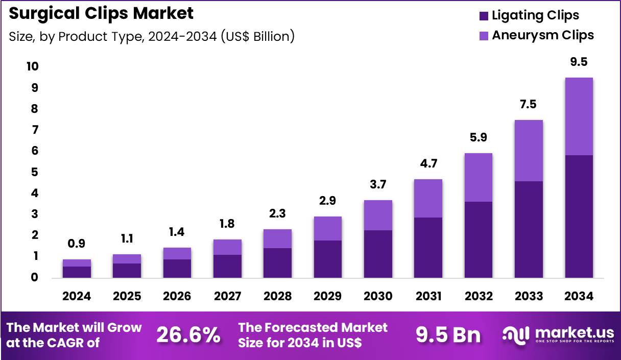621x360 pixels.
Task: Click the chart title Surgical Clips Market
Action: coord(101,14)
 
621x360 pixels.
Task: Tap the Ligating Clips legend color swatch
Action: coord(484,16)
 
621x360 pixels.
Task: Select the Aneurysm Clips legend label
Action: coord(542,35)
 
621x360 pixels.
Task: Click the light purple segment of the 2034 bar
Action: coord(579,116)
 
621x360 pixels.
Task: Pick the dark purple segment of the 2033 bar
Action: coord(529,229)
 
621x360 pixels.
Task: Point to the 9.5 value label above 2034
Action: coord(579,62)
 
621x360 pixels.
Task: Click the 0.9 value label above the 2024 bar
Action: coord(77,245)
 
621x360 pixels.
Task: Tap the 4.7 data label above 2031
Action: coord(428,164)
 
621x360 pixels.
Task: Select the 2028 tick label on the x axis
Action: coord(278,296)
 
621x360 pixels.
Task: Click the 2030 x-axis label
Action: coord(378,296)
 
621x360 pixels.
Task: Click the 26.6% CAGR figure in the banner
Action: coord(188,335)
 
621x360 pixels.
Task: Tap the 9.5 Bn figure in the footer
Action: coord(448,335)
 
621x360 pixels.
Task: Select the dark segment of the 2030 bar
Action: coord(378,254)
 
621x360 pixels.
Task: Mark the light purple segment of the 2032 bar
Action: coord(479,177)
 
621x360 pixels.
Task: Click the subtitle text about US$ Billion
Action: coord(152,37)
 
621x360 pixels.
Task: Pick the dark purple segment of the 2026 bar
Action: coord(177,269)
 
